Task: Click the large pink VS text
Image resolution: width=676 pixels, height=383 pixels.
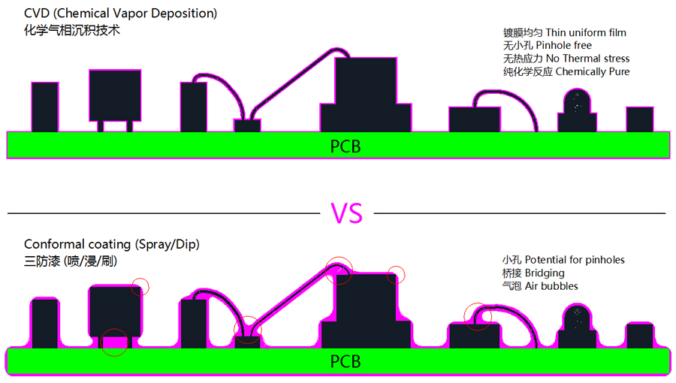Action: pos(346,213)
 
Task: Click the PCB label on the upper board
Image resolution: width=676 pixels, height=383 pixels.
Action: pos(346,146)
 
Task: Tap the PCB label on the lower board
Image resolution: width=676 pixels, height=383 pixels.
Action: pos(346,362)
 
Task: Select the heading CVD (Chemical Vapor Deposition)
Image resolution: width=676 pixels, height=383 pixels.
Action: pos(121,14)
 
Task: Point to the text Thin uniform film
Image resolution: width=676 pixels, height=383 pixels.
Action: pos(586,32)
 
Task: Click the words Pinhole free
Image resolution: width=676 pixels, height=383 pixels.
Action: pos(558,46)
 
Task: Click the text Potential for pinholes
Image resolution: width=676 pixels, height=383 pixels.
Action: pos(575,260)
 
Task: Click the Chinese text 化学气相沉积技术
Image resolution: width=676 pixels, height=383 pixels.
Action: pos(72,31)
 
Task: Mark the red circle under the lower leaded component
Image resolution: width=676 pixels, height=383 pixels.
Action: pos(114,342)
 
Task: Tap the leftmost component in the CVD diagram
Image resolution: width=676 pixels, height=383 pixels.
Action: pos(45,107)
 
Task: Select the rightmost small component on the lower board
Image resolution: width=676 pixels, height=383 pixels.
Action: pos(640,336)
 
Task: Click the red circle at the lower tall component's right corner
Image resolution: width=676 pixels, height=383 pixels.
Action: pos(396,276)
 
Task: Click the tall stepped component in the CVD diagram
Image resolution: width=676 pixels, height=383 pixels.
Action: pos(366,94)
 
